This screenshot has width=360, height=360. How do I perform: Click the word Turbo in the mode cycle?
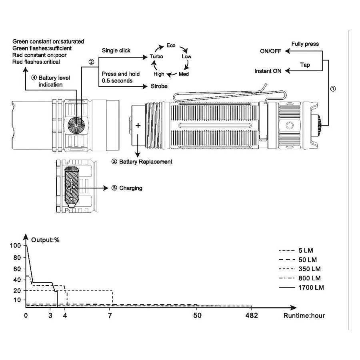(156, 57)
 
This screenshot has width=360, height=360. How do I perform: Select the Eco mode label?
(171, 46)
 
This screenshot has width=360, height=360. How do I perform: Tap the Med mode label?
(184, 74)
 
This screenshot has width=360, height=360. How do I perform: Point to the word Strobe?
(158, 86)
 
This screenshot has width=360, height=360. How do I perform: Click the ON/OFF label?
(271, 51)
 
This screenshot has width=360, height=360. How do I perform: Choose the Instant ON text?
(268, 71)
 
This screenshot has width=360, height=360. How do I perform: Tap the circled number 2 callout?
(91, 62)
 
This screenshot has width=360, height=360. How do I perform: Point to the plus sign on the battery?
(138, 126)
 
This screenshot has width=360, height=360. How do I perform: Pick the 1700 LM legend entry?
(311, 287)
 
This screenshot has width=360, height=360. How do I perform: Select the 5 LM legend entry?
(306, 250)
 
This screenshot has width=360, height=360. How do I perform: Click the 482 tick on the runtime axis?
(251, 316)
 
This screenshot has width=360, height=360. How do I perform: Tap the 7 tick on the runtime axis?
(110, 316)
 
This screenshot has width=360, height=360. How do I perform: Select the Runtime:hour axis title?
(304, 316)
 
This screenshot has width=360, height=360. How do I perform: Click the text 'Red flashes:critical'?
(36, 62)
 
